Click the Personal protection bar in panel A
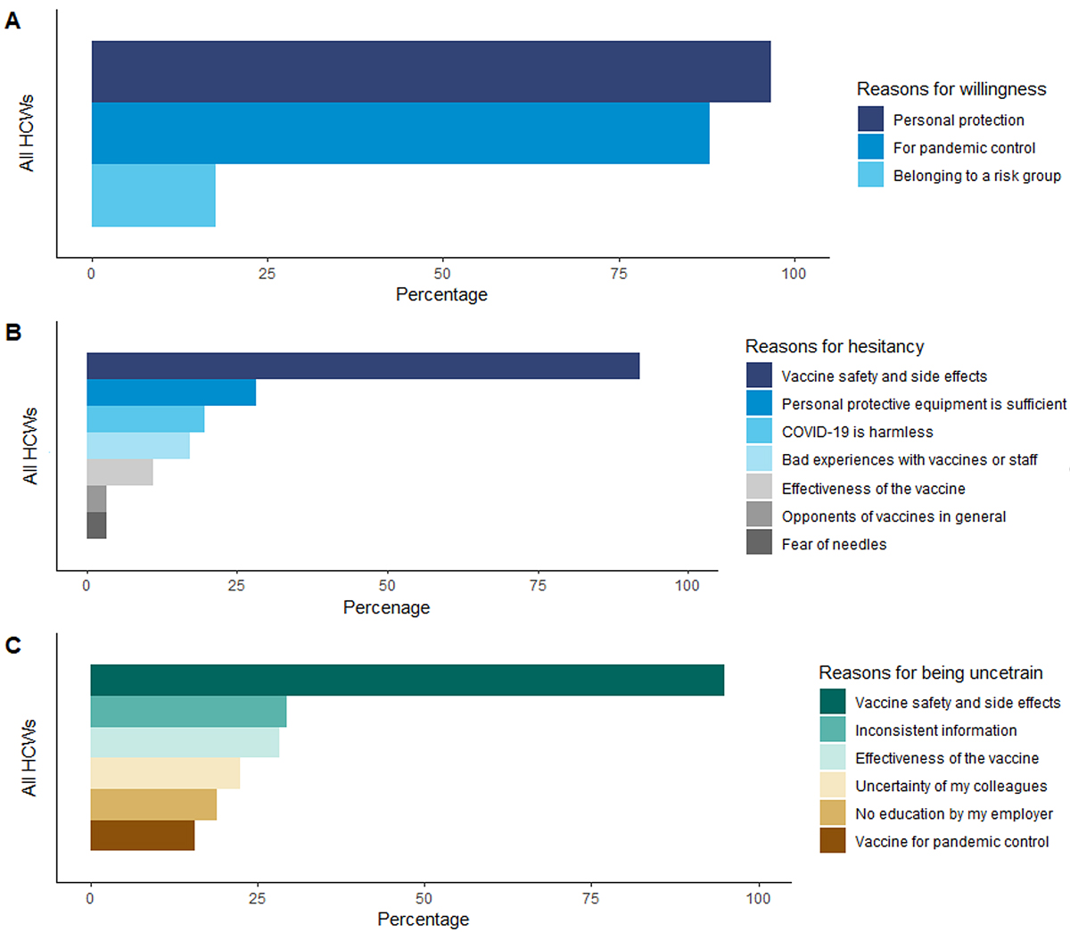coord(431,71)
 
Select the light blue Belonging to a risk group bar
coord(153,195)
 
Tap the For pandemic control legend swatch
coord(870,147)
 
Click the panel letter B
coord(13,333)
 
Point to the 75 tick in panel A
coord(619,274)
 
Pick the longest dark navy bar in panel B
coord(363,366)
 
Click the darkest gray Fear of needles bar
coord(96,525)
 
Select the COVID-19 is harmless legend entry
coord(857,432)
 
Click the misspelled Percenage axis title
coord(386,607)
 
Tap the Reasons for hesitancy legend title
coord(834,346)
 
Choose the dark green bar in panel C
coord(407,680)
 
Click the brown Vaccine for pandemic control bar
coord(142,836)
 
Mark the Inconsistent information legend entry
coord(935,730)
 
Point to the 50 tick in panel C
coord(424,898)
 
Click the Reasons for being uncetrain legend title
coord(930,672)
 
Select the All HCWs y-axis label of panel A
coord(28,133)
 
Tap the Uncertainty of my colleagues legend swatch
coord(833,786)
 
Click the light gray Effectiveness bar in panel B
coord(119,472)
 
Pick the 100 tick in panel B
coord(687,586)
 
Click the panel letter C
coord(13,645)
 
